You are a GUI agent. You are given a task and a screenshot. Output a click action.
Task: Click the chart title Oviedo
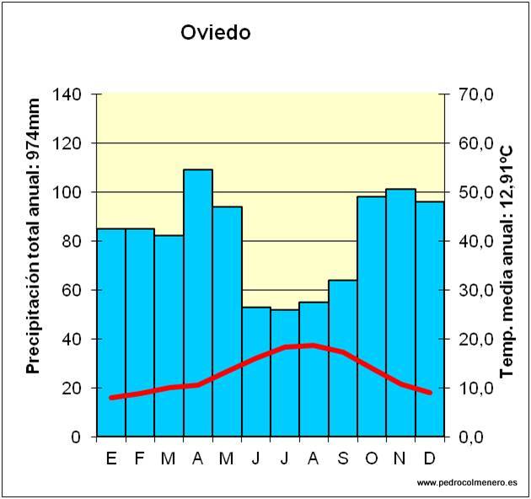tap(216, 33)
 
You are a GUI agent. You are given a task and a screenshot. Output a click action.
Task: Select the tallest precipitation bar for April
tap(198, 303)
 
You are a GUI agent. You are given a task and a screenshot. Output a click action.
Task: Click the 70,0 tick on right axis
tap(475, 94)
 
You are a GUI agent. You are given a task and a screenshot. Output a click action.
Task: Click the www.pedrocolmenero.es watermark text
tap(467, 482)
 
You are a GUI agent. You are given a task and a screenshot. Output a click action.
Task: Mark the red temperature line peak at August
tap(314, 345)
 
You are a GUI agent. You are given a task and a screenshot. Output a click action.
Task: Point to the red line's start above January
tap(111, 397)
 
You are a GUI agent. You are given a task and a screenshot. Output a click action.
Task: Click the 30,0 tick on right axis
tap(475, 290)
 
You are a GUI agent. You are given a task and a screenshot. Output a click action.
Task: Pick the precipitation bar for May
tap(227, 320)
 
